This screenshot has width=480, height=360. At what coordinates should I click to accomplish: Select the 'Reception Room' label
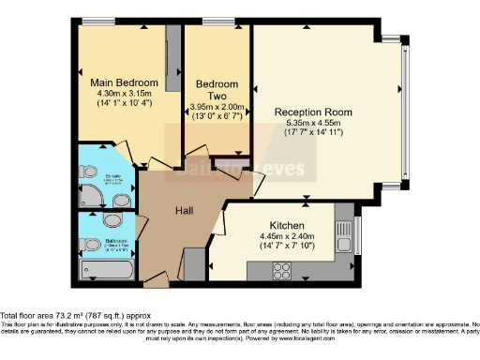pyautogui.click(x=313, y=112)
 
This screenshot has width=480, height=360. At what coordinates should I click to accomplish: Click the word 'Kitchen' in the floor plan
pyautogui.click(x=284, y=226)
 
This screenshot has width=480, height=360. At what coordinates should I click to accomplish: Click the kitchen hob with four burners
pyautogui.click(x=282, y=269)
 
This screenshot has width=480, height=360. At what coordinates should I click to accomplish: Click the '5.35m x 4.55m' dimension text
pyautogui.click(x=313, y=122)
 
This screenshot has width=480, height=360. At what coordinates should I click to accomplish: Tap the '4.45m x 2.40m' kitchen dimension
pyautogui.click(x=284, y=236)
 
